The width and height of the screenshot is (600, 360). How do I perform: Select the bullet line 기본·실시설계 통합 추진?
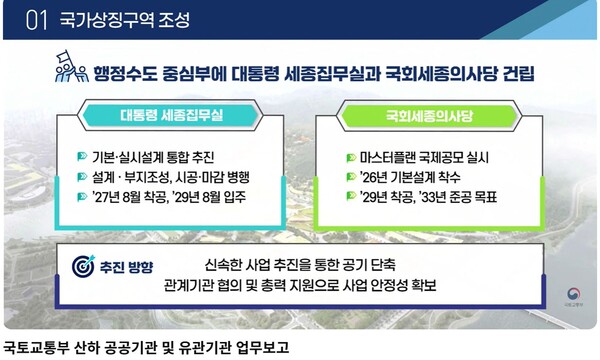(160, 158)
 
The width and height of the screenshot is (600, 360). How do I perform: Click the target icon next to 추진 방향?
(83, 266)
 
